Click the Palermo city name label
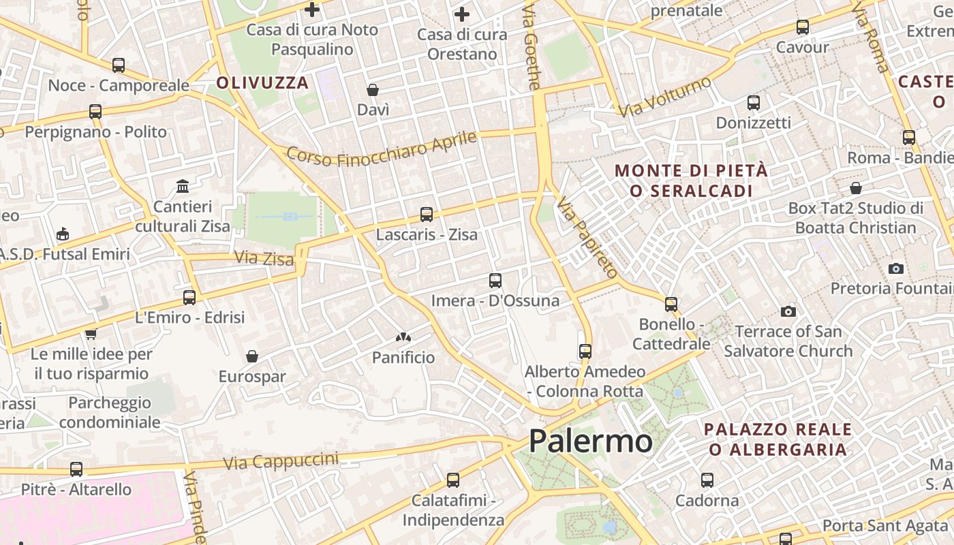tap(590, 441)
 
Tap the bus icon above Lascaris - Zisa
tap(427, 215)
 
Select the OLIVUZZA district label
tap(262, 83)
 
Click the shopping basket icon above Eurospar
tap(252, 356)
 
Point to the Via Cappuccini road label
tap(281, 461)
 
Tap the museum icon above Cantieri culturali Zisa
tap(183, 186)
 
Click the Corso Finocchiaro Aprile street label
tap(382, 149)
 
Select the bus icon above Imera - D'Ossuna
tap(495, 280)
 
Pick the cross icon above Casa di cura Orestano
tap(462, 14)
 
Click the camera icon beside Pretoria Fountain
tap(896, 268)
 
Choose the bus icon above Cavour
tap(803, 27)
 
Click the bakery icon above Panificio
tap(403, 337)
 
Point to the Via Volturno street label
tap(665, 96)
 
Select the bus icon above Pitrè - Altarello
tap(76, 469)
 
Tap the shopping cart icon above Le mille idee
tap(91, 334)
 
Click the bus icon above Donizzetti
tap(754, 103)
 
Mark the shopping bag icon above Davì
tap(373, 90)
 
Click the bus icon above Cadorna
tap(707, 480)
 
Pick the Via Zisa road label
tap(264, 258)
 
